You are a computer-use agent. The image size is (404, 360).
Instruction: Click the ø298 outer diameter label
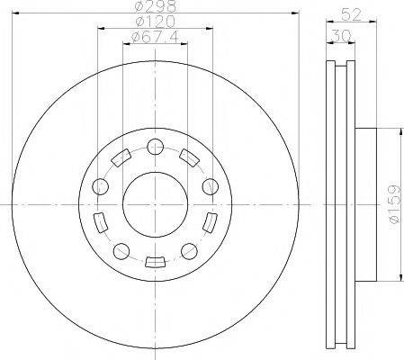156,6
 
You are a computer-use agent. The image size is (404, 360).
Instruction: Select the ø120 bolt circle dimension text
155,22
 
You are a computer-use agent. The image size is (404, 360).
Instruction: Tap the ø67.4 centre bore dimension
155,37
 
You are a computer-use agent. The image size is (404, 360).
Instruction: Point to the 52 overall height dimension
351,14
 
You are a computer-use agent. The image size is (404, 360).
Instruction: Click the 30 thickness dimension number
341,36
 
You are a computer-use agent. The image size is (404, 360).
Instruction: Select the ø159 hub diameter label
394,204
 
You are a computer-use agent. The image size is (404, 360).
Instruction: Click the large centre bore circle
155,204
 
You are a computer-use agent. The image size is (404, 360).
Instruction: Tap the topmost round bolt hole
156,147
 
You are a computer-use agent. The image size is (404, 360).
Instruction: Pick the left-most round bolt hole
100,186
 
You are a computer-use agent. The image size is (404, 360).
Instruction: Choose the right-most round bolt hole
211,186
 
